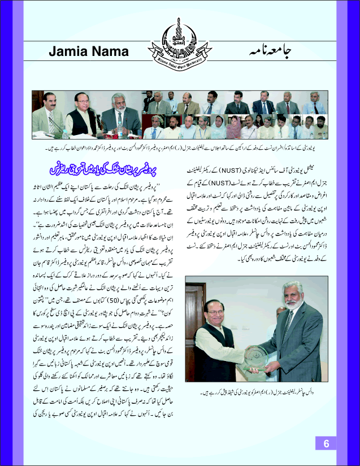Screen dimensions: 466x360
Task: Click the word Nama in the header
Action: [111, 52]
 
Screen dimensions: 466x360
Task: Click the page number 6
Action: [327, 443]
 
